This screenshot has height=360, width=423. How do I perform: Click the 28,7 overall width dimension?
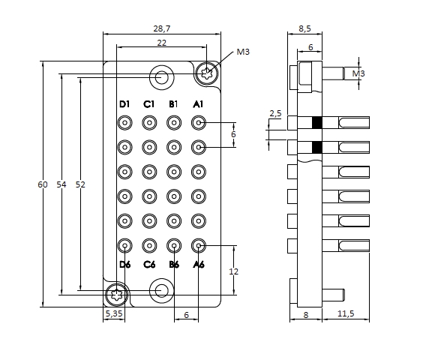(162, 28)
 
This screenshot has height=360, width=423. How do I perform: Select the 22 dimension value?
(162, 43)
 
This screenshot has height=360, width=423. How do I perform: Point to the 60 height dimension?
(43, 184)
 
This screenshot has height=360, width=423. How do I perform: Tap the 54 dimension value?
(61, 184)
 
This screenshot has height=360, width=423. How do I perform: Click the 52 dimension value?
(80, 184)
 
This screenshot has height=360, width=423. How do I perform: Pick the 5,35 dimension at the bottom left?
(114, 314)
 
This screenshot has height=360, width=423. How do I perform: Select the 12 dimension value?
(233, 271)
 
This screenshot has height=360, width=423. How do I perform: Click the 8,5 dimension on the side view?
(305, 28)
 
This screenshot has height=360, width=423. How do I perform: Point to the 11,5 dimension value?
(345, 314)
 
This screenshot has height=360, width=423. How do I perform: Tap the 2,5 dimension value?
(274, 114)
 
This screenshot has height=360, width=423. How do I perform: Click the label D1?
(124, 103)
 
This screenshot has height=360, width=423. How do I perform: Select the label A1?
(198, 103)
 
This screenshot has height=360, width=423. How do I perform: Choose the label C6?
(149, 265)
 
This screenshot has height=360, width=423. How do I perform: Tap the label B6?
(174, 265)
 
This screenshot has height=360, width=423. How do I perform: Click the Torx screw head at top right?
(208, 74)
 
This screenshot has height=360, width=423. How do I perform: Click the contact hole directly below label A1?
(198, 122)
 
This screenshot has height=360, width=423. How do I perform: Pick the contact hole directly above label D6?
(124, 245)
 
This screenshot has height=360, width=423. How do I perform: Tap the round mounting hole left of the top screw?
(160, 76)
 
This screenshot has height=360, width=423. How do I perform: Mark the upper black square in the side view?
(316, 123)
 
